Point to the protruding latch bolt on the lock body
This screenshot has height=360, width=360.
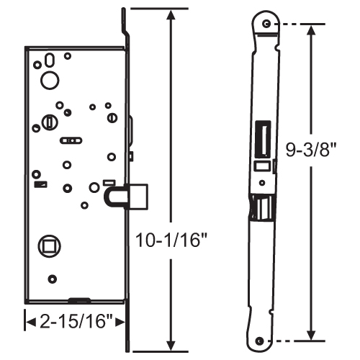[140, 194]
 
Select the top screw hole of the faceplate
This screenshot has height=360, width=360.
[268, 24]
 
